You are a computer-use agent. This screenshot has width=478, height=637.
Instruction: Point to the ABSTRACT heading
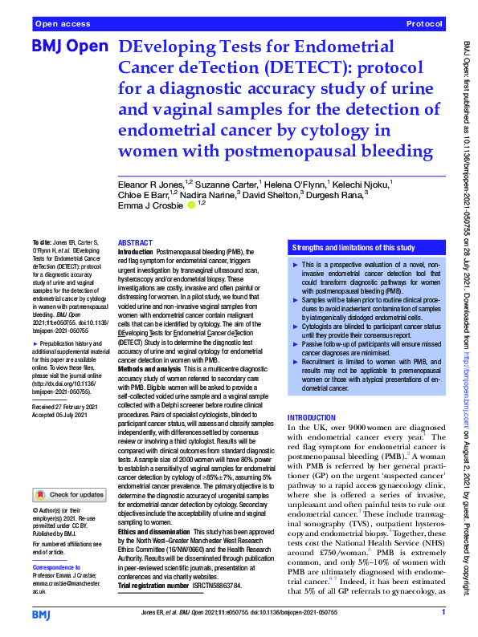(x=135, y=242)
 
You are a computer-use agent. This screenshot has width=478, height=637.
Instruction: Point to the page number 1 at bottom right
(x=443, y=612)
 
